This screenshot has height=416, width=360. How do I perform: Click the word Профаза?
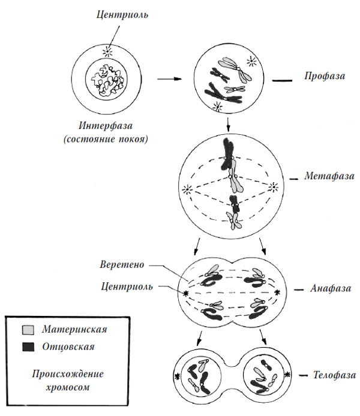325,77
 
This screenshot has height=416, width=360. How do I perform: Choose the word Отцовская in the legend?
68,346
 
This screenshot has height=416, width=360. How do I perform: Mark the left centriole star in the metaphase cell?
190,190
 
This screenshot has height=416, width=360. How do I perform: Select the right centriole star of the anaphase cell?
278,292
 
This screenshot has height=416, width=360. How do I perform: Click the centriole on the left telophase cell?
178,377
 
